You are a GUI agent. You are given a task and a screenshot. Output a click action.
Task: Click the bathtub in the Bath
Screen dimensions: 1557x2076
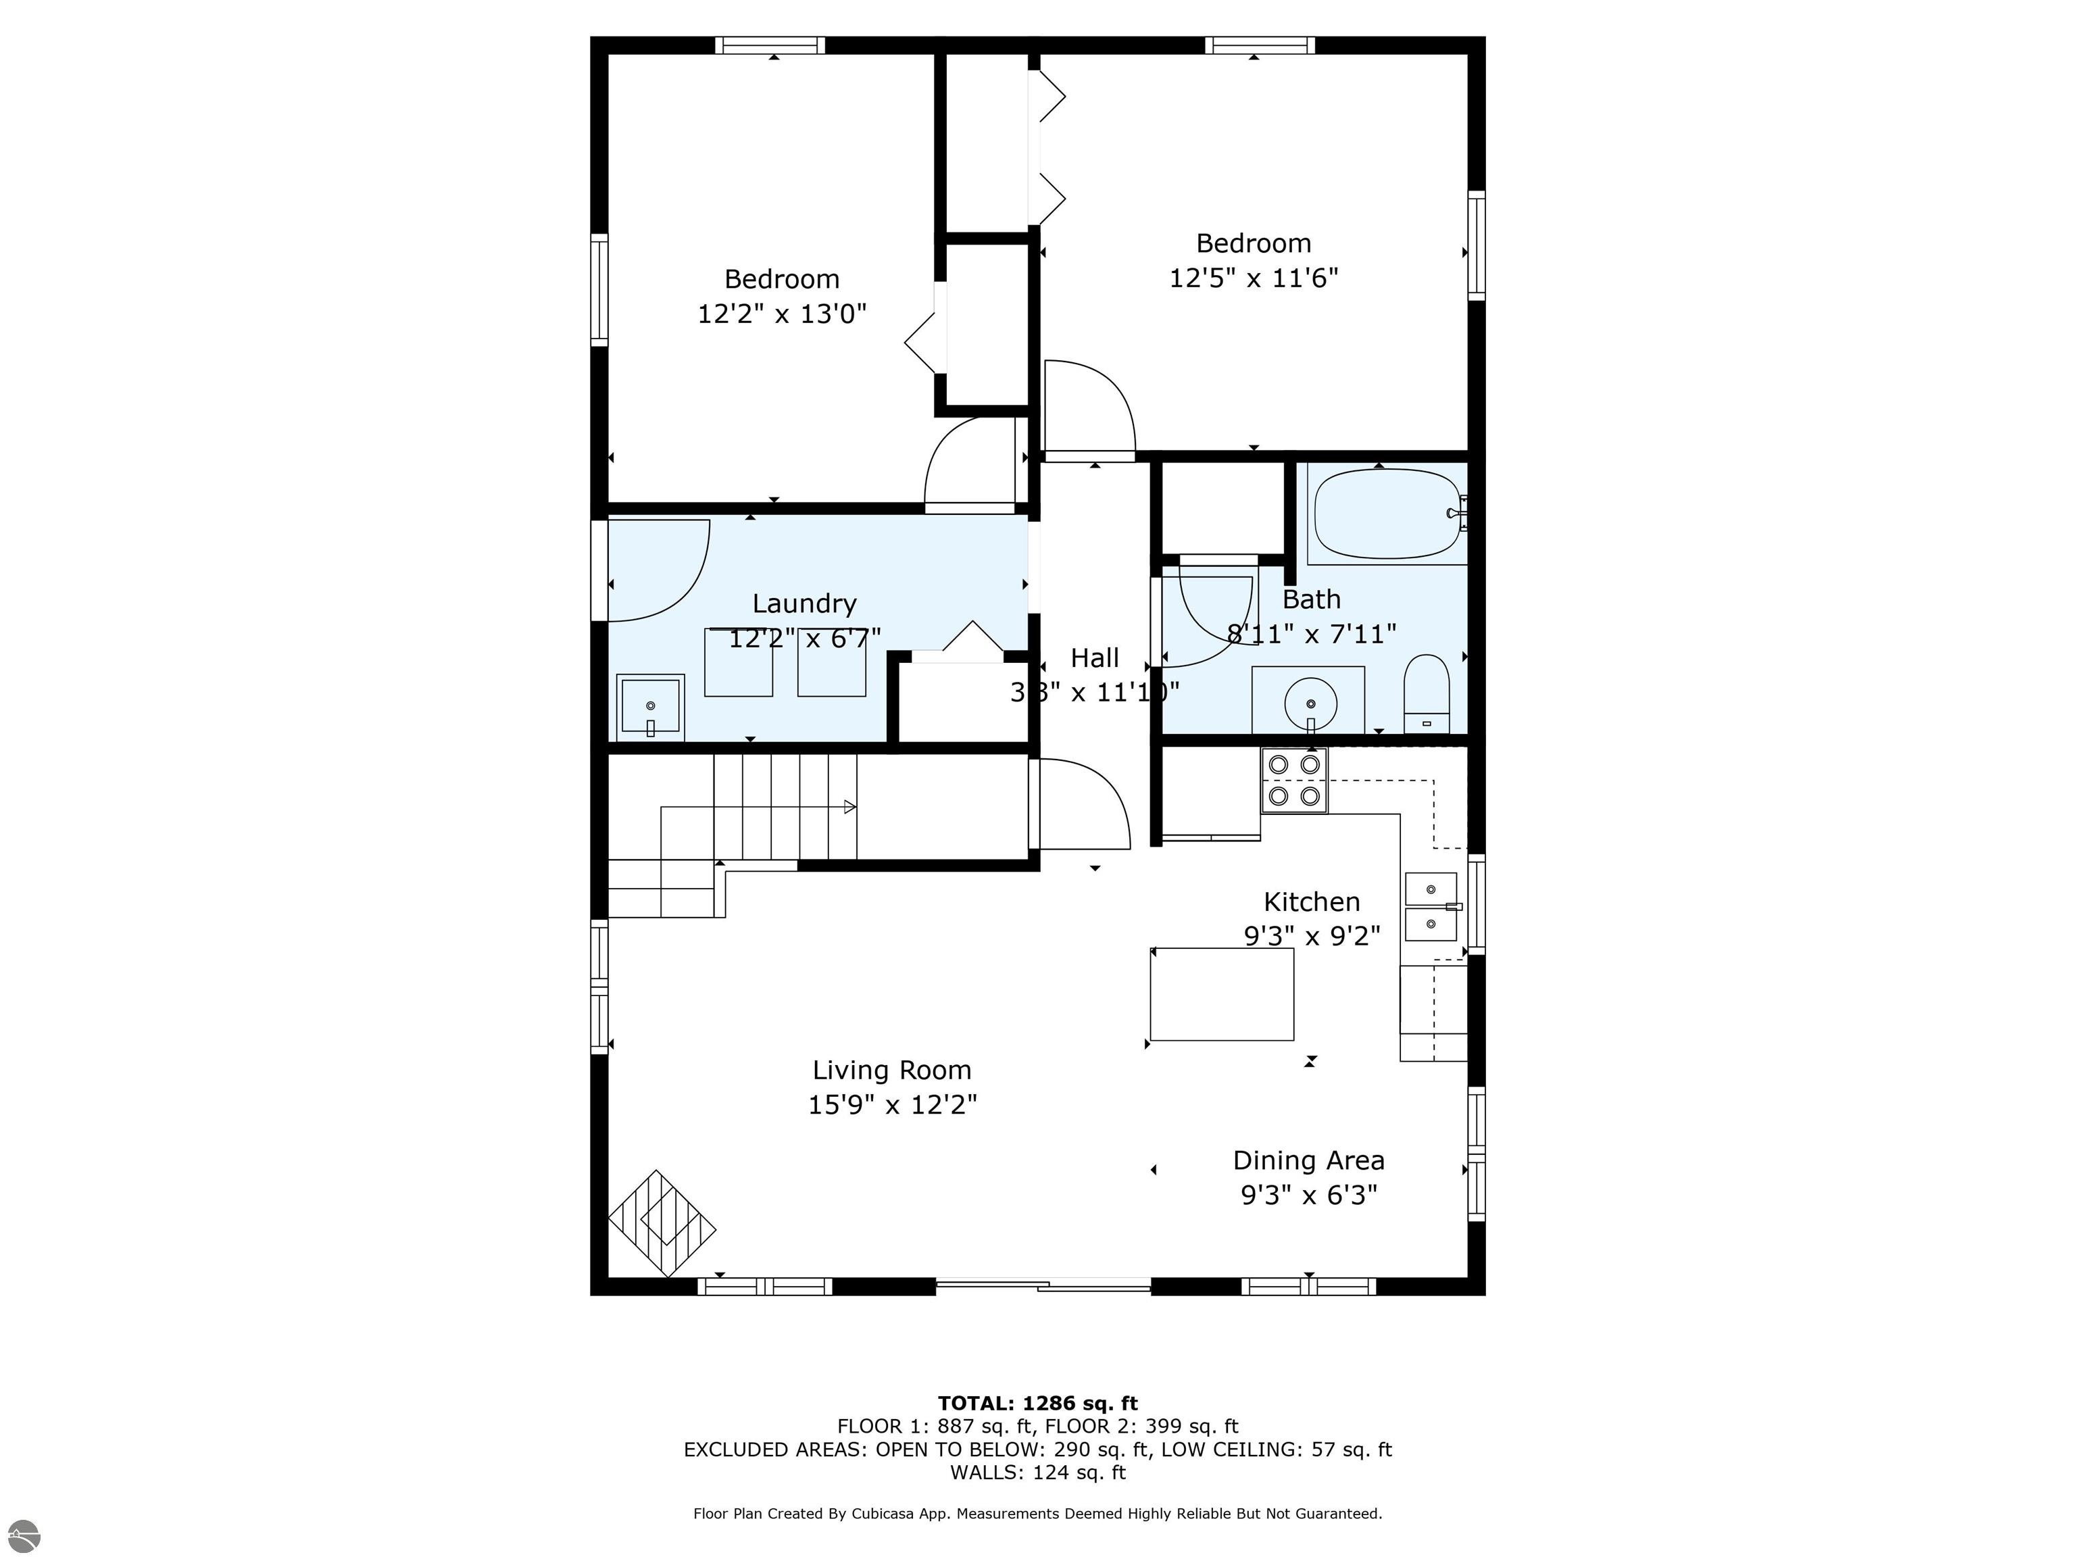(x=1387, y=514)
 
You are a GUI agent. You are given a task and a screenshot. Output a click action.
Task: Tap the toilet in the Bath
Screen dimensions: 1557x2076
(x=1427, y=695)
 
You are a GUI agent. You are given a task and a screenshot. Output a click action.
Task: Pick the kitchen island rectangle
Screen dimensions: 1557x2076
(x=1221, y=994)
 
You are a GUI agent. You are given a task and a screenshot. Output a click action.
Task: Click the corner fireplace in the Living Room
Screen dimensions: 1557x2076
(x=662, y=1223)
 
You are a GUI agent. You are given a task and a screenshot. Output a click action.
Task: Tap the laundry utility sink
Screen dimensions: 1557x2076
(x=650, y=706)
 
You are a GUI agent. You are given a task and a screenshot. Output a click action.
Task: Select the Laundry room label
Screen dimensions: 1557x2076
(x=804, y=603)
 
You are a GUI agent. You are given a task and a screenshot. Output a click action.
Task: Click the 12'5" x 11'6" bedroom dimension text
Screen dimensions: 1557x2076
(x=1253, y=278)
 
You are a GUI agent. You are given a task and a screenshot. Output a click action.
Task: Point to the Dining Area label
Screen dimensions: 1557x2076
(x=1308, y=1160)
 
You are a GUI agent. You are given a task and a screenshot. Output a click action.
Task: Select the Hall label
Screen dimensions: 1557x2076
(x=1094, y=658)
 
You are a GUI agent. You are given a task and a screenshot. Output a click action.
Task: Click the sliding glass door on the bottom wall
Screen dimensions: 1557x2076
(x=1043, y=1286)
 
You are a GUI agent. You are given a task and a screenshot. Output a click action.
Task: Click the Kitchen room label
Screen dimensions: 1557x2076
(x=1311, y=902)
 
